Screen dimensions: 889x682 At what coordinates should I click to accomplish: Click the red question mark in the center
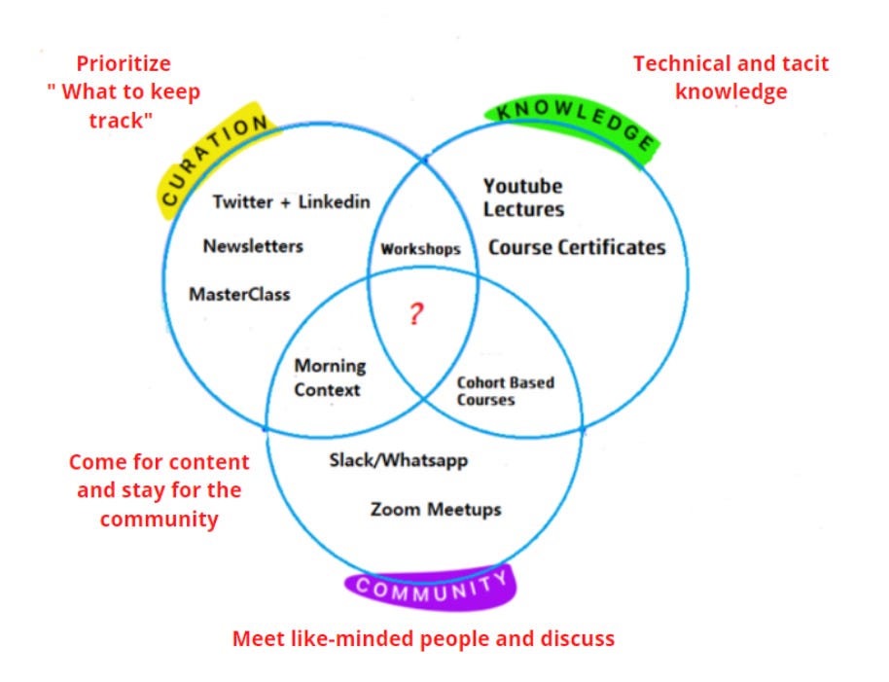point(416,313)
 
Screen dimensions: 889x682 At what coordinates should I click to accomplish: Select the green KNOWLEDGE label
point(573,127)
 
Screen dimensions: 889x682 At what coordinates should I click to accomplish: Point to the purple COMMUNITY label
point(432,588)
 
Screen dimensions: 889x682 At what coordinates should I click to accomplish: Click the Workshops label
point(421,249)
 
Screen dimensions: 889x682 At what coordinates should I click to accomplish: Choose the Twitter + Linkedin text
point(292,201)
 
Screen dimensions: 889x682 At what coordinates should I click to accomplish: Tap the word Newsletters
point(253,246)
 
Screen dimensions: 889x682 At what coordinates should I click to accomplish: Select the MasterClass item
point(239,294)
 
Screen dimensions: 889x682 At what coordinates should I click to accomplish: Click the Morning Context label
point(330,377)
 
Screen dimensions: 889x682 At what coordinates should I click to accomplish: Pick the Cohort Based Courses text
point(506,391)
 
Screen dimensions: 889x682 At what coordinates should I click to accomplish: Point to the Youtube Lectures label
point(523,197)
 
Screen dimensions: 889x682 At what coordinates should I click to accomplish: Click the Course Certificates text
point(577,248)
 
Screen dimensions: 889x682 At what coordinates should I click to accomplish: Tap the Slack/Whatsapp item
point(399,460)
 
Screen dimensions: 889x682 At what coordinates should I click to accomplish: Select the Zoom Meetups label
point(436,509)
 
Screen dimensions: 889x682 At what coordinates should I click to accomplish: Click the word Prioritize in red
point(124,63)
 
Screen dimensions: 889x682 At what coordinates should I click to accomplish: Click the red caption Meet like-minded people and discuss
point(423,638)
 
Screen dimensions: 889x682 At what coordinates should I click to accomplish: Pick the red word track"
point(121,121)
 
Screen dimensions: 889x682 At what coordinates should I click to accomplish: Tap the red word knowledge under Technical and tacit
point(730,91)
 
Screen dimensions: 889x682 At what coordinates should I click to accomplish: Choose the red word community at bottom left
point(160,520)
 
